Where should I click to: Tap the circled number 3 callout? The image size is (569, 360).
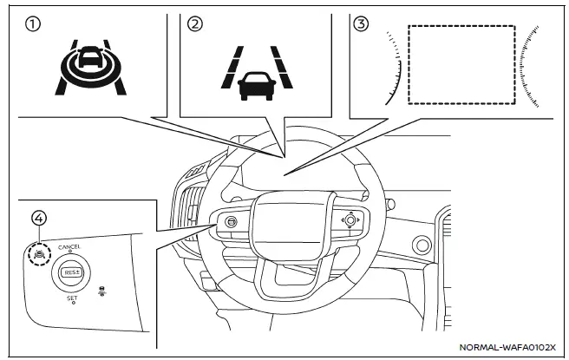click(x=363, y=24)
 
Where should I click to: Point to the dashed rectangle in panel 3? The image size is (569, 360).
click(x=461, y=63)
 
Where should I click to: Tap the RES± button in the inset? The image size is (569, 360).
click(x=71, y=272)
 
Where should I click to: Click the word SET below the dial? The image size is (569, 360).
click(x=72, y=297)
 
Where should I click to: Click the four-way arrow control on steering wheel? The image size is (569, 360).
click(x=349, y=220)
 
